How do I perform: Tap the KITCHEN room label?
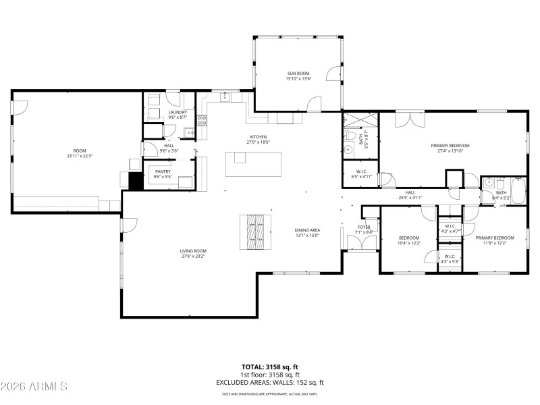259,137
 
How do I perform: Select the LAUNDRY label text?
158,112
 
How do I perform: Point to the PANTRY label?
163,171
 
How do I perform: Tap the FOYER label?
364,227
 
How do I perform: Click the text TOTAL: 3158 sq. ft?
270,367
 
